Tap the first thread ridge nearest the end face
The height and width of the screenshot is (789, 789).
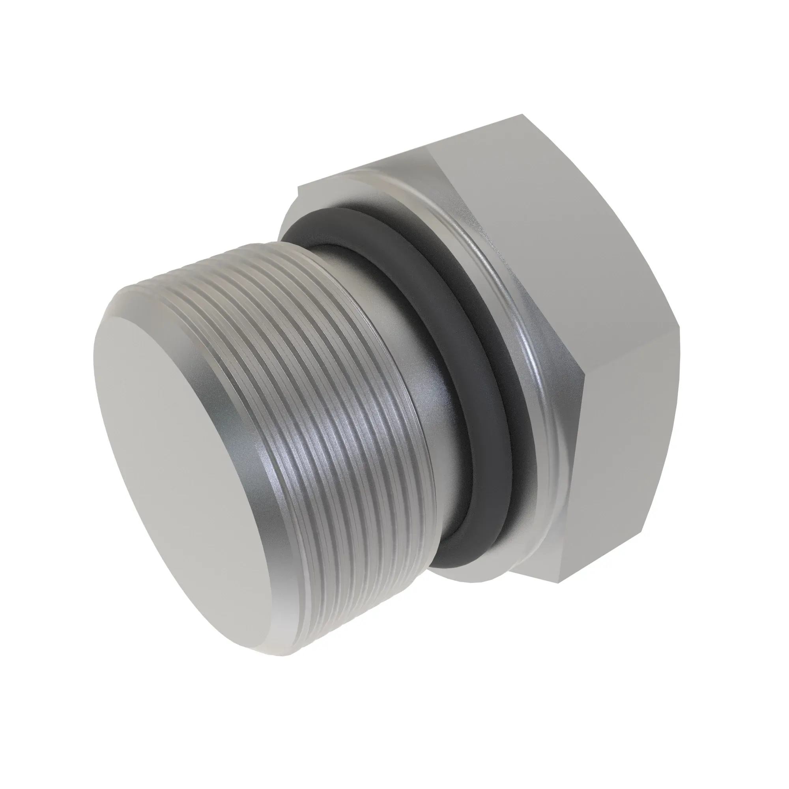point(262,408)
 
